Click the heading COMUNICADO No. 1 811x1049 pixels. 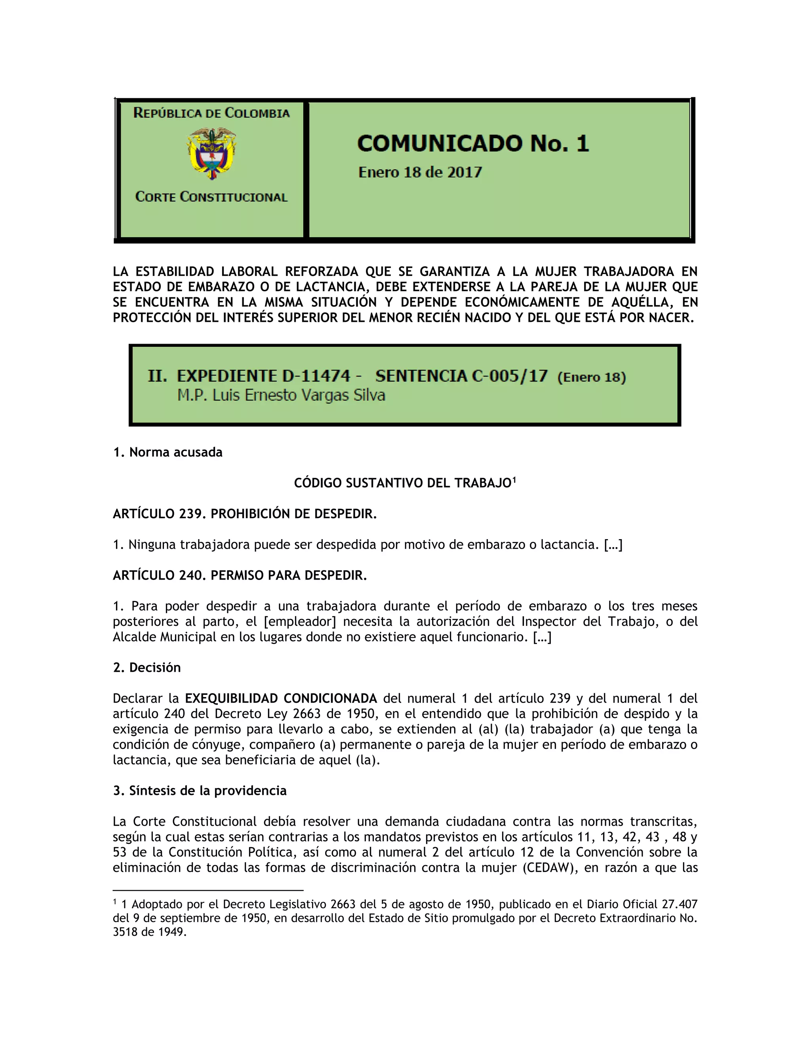click(473, 144)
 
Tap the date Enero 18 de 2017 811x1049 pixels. click(420, 173)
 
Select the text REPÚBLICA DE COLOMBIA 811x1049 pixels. click(211, 113)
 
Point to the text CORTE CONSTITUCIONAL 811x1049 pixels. click(211, 197)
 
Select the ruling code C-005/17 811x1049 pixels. click(510, 376)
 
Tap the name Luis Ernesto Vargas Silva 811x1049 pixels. click(299, 395)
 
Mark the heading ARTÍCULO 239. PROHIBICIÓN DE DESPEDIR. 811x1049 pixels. click(245, 514)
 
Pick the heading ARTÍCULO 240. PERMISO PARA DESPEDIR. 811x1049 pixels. click(240, 576)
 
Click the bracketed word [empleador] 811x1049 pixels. click(300, 621)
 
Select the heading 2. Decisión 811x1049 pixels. click(147, 668)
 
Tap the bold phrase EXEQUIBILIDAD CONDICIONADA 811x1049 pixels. click(281, 698)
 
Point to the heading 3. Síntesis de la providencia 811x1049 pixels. click(200, 791)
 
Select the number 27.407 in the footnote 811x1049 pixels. click(680, 905)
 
